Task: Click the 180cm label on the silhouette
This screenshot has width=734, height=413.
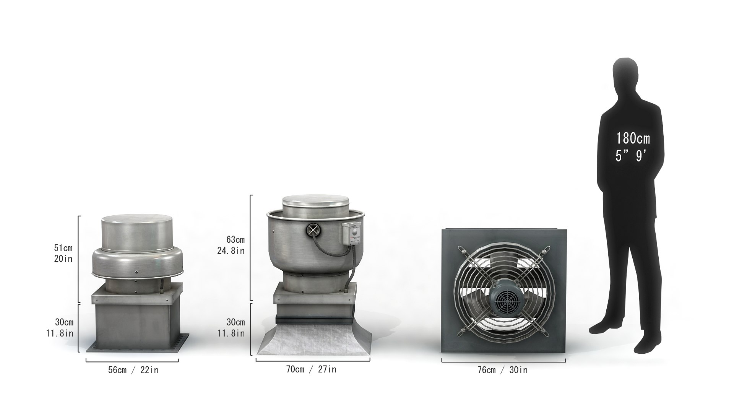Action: point(633,138)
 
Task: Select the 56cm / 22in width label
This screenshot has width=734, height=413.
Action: point(133,370)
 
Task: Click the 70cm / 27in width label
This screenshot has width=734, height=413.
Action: point(311,369)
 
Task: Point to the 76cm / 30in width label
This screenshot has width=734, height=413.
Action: point(502,370)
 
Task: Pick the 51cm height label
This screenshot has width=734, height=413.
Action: point(63,248)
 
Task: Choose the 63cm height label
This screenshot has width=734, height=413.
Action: point(235,240)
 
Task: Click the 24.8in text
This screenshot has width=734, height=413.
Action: point(232,251)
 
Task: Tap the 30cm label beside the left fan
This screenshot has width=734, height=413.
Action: point(64,322)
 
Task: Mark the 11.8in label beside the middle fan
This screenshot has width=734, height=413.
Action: point(231,333)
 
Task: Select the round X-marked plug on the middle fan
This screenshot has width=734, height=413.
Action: point(313,230)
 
